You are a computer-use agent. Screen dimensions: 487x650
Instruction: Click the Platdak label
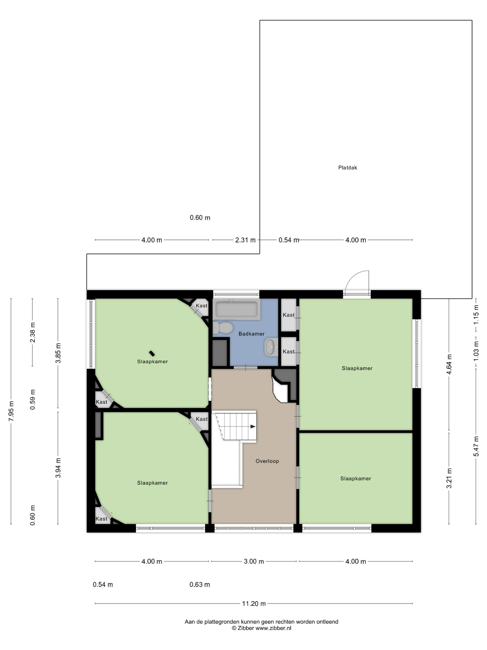[347, 168]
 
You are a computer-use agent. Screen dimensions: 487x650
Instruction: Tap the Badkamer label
[251, 334]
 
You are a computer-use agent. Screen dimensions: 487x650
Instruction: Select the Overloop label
[267, 461]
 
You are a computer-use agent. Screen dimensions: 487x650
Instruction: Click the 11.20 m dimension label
[254, 603]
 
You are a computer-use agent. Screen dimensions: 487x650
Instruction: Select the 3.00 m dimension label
[254, 561]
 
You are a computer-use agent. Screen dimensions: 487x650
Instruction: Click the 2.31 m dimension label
[245, 240]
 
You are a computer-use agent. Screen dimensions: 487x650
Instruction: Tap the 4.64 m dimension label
[449, 364]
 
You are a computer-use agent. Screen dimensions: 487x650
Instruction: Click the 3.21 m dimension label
[449, 478]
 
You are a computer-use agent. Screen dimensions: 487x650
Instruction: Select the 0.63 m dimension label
[200, 584]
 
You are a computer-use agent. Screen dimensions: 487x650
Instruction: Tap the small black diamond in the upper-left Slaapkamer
[152, 353]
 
